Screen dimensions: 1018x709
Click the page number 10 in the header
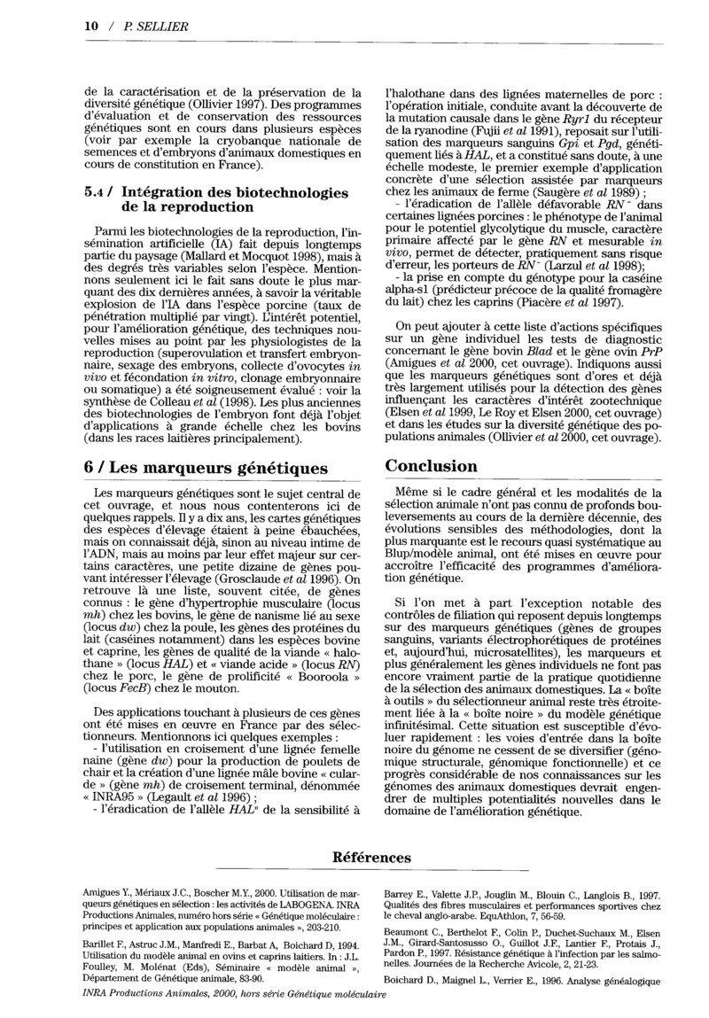[x=90, y=27]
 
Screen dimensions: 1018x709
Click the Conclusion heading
[x=432, y=466]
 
